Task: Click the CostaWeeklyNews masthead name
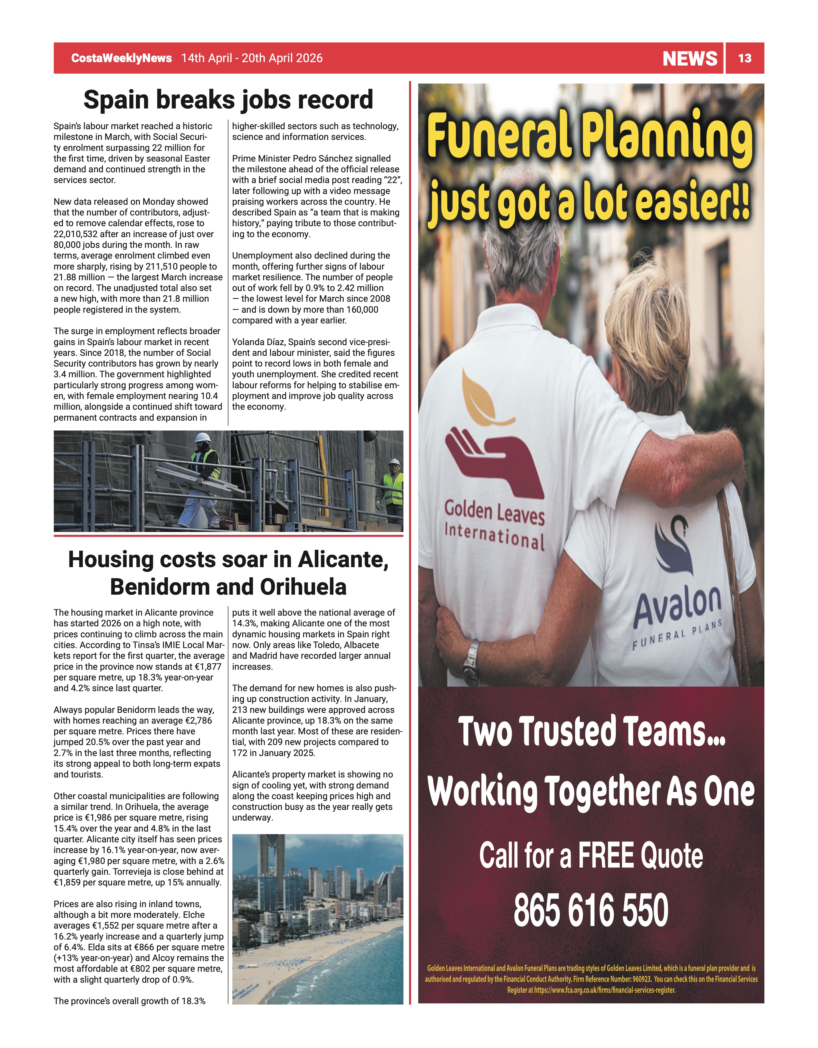coord(121,58)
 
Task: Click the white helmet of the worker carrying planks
coord(203,437)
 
